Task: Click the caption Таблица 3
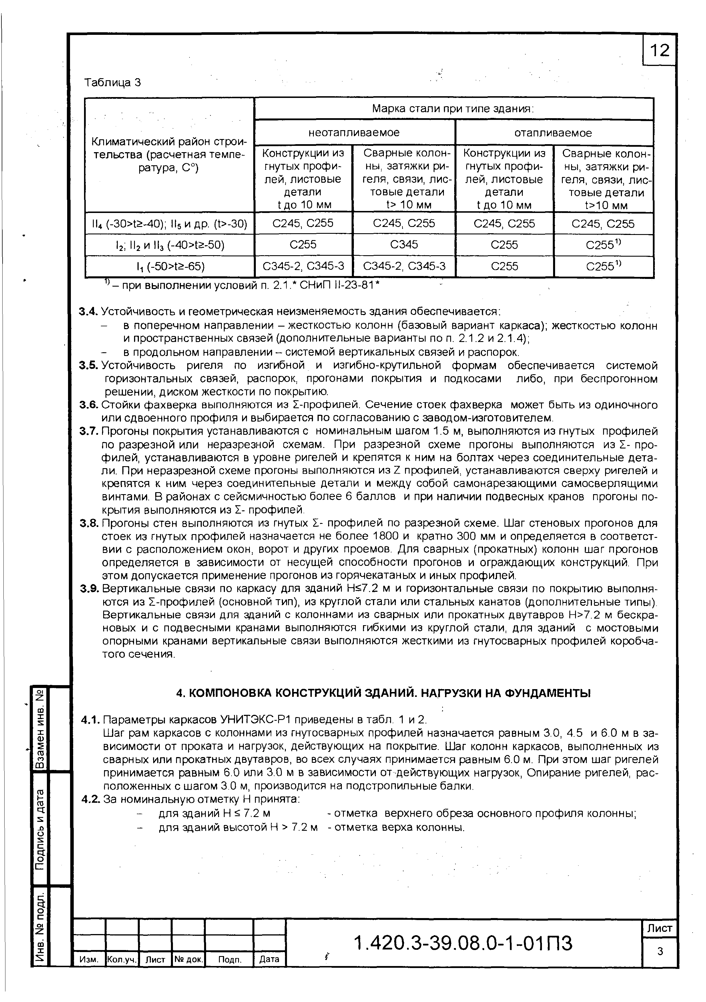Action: coord(113,83)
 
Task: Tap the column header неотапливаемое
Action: coord(354,133)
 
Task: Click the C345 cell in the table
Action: coord(404,244)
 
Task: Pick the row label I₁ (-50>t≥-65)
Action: coord(169,266)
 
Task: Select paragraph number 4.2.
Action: coord(91,800)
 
